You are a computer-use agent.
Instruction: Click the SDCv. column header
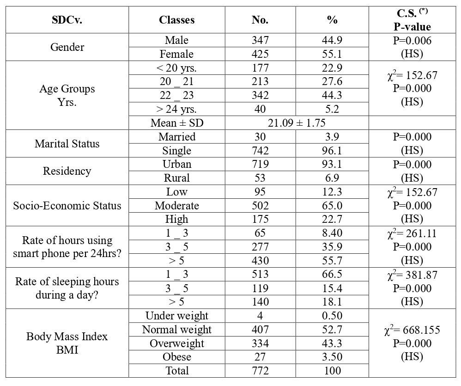[x=67, y=20]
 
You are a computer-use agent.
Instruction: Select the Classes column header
[x=176, y=20]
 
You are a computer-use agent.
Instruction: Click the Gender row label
[x=67, y=47]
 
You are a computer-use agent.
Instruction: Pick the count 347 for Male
[x=260, y=40]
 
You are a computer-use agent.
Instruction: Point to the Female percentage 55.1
[x=332, y=54]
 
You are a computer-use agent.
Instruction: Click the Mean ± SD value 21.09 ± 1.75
[x=297, y=123]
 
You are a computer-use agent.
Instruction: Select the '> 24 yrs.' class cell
[x=176, y=110]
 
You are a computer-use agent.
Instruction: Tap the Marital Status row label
[x=67, y=143]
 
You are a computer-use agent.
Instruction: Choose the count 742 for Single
[x=260, y=151]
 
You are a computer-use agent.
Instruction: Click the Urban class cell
[x=176, y=164]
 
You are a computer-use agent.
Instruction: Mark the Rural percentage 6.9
[x=332, y=178]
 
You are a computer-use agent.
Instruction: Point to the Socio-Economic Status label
[x=67, y=205]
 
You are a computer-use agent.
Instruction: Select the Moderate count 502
[x=260, y=205]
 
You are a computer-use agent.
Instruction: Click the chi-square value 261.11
[x=412, y=233]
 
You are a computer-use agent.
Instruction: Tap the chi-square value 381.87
[x=412, y=274]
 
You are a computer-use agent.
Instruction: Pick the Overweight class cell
[x=176, y=343]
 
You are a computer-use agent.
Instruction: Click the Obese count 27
[x=260, y=357]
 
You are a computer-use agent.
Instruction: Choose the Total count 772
[x=260, y=370]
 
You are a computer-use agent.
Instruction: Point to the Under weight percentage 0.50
[x=332, y=316]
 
